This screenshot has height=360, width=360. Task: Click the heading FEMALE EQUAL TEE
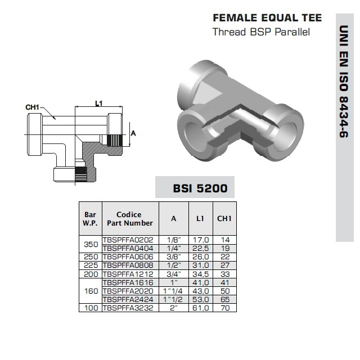[267, 18]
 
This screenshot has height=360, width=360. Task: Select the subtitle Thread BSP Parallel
[261, 32]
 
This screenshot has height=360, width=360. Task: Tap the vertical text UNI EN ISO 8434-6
[344, 82]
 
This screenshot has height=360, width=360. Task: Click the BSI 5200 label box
[195, 187]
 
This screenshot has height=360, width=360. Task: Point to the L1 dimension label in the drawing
[99, 103]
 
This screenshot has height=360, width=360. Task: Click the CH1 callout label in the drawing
[33, 107]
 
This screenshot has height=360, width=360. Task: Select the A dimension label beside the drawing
[133, 133]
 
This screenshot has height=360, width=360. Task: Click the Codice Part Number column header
[130, 219]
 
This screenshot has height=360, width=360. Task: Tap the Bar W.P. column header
[90, 219]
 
